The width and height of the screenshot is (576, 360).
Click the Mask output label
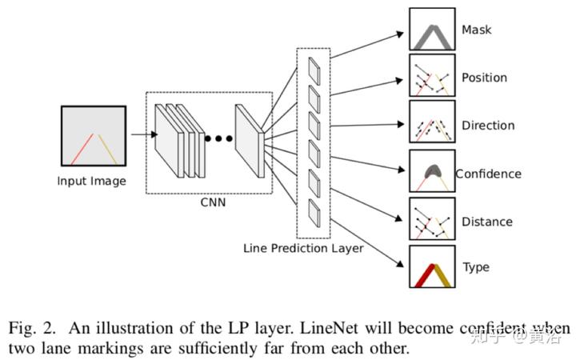pyautogui.click(x=476, y=30)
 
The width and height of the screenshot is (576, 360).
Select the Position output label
pyautogui.click(x=484, y=78)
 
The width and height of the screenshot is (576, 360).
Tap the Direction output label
pyautogui.click(x=488, y=126)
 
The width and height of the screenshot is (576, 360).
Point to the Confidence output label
pyautogui.click(x=488, y=174)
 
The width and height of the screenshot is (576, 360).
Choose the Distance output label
pyautogui.click(x=487, y=222)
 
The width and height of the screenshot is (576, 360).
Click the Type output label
pyautogui.click(x=476, y=267)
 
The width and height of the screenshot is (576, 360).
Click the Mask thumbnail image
pyautogui.click(x=432, y=30)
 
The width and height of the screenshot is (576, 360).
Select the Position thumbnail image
pyautogui.click(x=432, y=76)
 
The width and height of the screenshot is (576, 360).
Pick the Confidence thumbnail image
pyautogui.click(x=432, y=171)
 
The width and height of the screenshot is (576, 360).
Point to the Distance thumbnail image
pyautogui.click(x=432, y=218)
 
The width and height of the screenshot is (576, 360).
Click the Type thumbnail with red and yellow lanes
pyautogui.click(x=432, y=266)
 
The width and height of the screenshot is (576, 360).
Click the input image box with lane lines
pyautogui.click(x=93, y=137)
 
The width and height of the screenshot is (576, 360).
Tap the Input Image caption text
pyautogui.click(x=91, y=181)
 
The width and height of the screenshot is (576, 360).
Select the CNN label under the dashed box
pyautogui.click(x=213, y=202)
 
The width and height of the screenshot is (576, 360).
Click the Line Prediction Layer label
pyautogui.click(x=303, y=248)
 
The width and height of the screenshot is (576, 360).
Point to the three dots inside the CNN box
pyautogui.click(x=218, y=138)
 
